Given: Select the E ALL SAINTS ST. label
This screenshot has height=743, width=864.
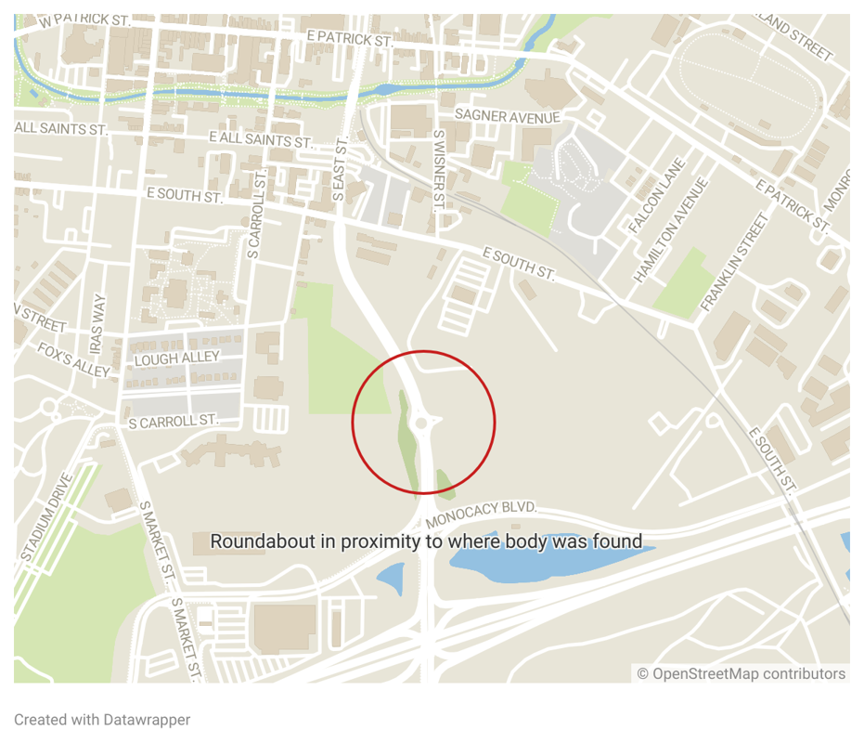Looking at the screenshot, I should pos(261,138).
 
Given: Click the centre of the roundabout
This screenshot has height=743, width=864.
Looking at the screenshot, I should pos(423,424).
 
